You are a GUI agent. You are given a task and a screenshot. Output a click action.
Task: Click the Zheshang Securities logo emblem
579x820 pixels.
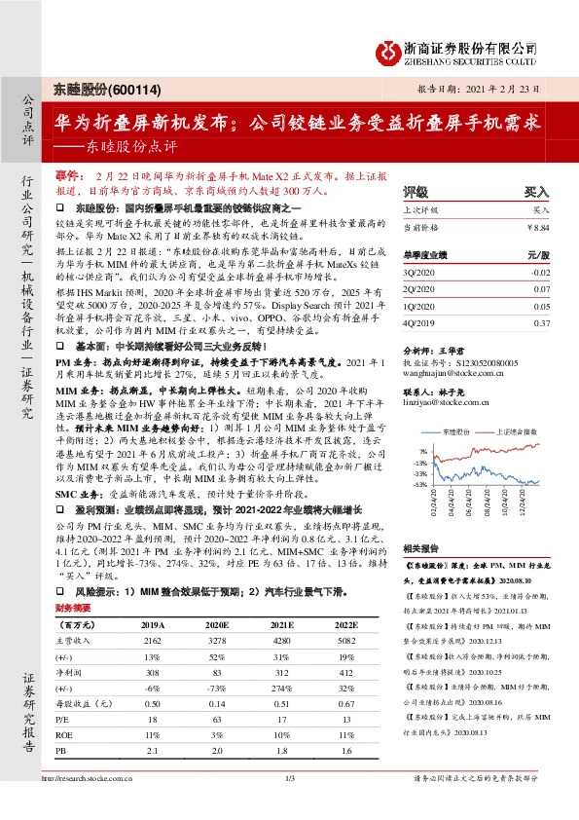tap(385, 49)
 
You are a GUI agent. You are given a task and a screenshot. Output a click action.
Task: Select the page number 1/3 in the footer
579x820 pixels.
tap(289, 804)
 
